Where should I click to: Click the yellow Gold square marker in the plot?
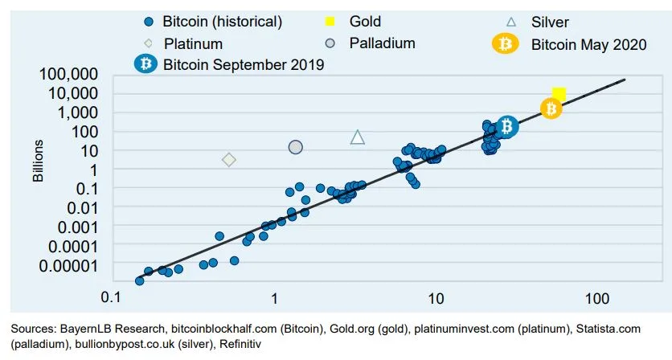click(x=559, y=95)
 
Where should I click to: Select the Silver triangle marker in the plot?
click(x=358, y=137)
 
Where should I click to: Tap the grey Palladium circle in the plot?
click(x=295, y=147)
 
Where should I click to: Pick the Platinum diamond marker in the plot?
click(x=229, y=160)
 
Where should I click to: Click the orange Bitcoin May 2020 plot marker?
click(x=551, y=108)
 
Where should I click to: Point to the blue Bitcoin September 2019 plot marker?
click(x=506, y=126)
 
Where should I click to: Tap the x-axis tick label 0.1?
click(x=112, y=297)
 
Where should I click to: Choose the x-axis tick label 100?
click(x=597, y=297)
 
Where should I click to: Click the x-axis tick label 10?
click(x=435, y=297)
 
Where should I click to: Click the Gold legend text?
click(x=366, y=22)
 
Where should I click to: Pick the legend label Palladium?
click(x=382, y=43)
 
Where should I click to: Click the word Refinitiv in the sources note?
click(x=237, y=344)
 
